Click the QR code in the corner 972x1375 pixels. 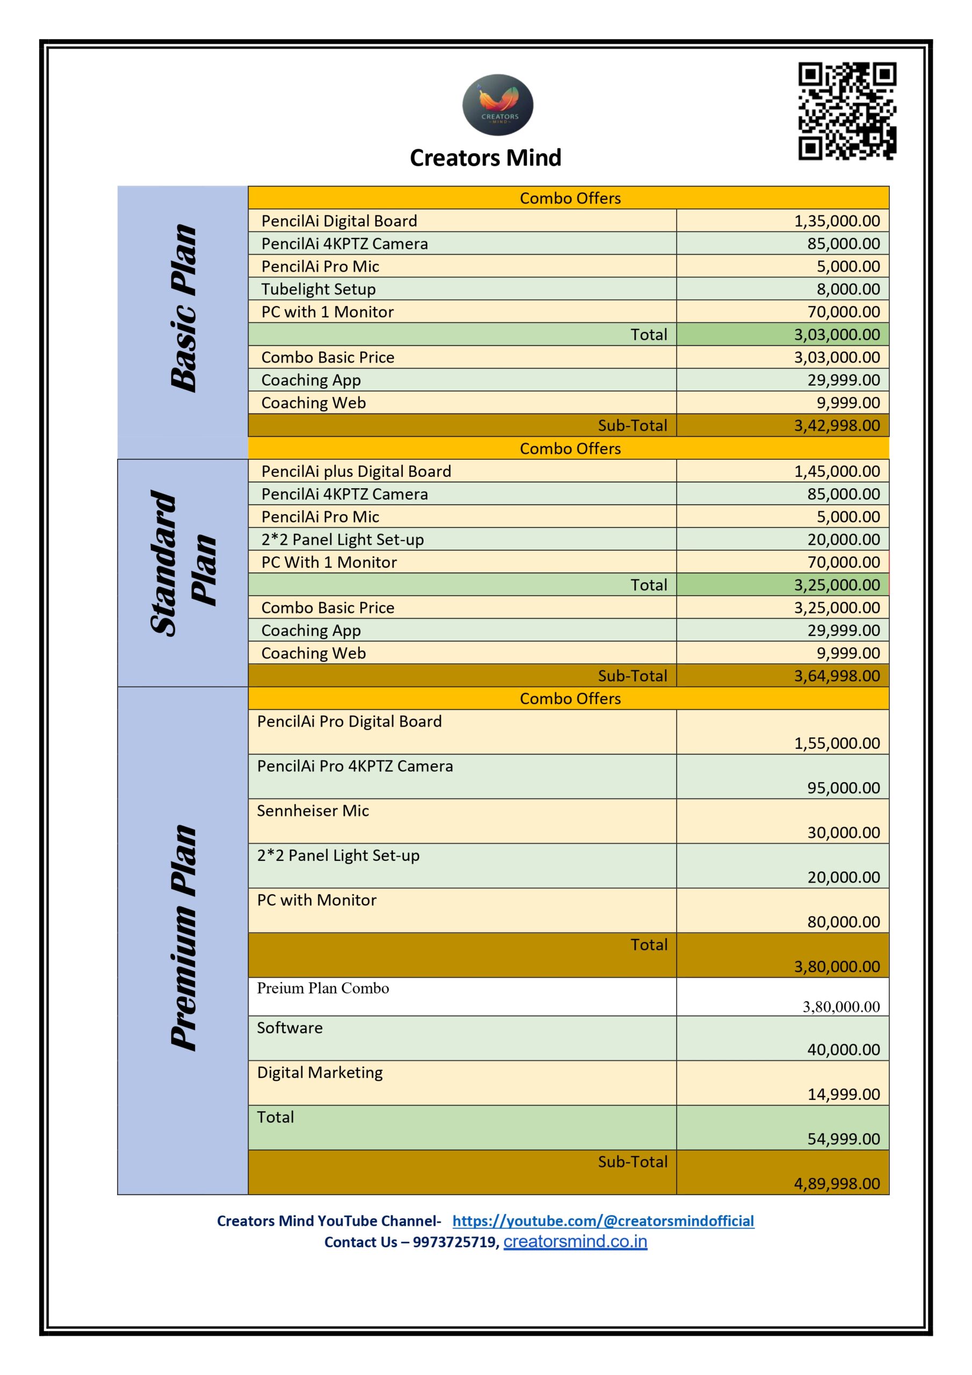[847, 111]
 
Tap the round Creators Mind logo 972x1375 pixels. [498, 105]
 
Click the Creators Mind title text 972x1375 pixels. [485, 158]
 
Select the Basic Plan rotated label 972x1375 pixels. [183, 308]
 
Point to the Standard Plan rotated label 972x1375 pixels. [182, 563]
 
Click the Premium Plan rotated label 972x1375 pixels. [183, 937]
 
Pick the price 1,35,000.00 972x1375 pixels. [837, 221]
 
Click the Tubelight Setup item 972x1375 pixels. [318, 290]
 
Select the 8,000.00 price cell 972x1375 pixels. [848, 290]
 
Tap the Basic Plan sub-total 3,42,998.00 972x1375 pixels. [837, 426]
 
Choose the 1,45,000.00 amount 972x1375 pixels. [837, 471]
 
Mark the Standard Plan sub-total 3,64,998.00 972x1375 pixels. [837, 676]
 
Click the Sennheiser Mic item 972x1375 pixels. [313, 811]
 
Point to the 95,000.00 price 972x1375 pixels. [843, 788]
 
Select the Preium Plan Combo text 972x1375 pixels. [323, 988]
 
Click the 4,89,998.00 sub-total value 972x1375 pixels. [837, 1184]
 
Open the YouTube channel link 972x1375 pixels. [603, 1221]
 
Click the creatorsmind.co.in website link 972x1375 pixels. [575, 1241]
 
